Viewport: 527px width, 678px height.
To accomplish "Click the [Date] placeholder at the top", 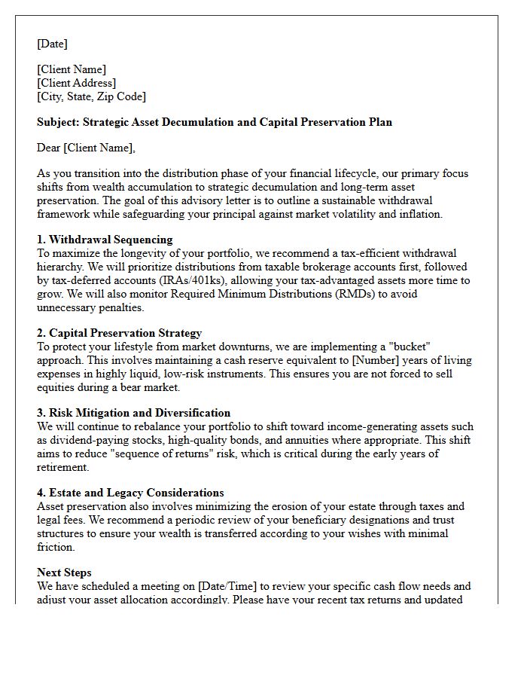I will (52, 44).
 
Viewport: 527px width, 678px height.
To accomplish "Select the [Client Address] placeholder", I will (76, 83).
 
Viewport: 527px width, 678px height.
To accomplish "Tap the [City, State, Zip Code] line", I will (91, 96).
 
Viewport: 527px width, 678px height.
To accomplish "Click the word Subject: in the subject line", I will (58, 122).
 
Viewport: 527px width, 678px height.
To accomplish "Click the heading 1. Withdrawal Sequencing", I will (105, 240).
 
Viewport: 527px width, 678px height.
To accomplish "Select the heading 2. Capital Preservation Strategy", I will (119, 333).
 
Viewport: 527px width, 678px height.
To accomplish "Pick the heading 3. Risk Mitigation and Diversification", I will (133, 413).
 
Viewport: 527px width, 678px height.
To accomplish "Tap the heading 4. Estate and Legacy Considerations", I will (130, 493).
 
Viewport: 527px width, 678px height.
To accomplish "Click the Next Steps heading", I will (64, 573).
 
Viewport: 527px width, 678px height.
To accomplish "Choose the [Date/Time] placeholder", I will (215, 586).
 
